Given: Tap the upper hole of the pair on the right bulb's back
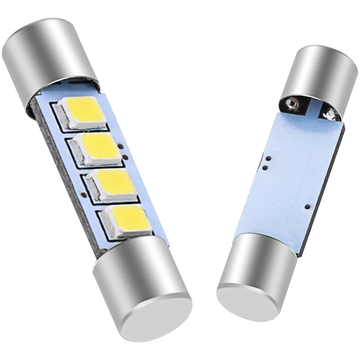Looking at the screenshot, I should click(268, 158).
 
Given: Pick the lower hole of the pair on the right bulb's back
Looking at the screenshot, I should click(265, 167).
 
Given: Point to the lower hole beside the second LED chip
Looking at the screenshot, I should click(125, 157).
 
